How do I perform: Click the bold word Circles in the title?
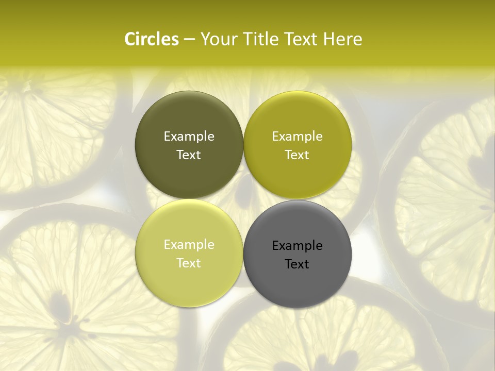coord(152,39)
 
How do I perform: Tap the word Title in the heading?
coord(260,39)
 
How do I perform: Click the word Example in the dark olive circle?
coord(189,136)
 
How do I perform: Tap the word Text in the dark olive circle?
coord(189,155)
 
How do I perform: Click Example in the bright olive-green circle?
coord(297,136)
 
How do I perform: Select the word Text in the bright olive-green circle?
coord(297,155)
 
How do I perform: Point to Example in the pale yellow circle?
coord(189,244)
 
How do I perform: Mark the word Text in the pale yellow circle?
coord(189,263)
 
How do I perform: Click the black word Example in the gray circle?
coord(297,245)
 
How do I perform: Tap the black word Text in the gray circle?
coord(297,264)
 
